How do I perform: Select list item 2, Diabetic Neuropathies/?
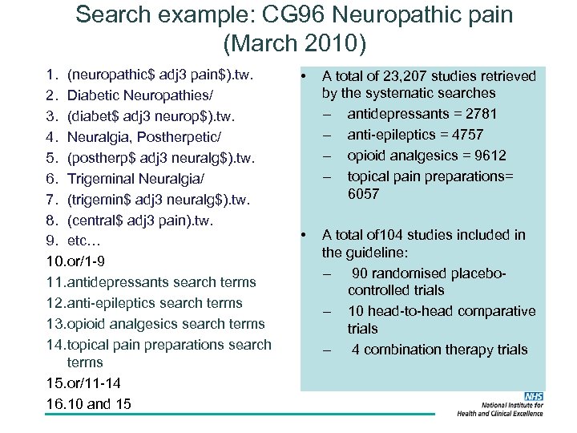point(123,97)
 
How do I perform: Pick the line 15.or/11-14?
point(84,383)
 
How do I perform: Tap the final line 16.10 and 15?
point(89,404)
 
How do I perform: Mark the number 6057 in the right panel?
point(363,194)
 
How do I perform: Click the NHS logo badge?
point(533,397)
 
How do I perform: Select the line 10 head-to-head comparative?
point(441,311)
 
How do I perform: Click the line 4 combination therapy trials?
point(439,350)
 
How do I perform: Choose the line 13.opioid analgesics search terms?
point(155,324)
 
